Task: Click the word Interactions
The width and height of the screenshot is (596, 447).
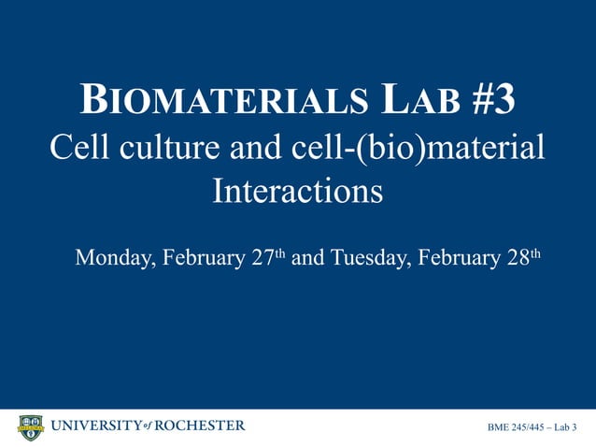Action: [x=298, y=192]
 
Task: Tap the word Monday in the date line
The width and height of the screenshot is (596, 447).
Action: [x=113, y=257]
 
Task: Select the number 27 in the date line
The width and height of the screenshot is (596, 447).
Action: [x=263, y=257]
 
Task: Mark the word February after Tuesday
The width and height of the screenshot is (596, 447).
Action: [x=458, y=257]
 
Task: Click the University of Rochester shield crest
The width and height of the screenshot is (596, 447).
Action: [x=31, y=427]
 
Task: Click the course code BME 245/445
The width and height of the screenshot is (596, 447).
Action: [x=515, y=428]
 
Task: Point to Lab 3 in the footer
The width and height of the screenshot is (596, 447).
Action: [x=566, y=428]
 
